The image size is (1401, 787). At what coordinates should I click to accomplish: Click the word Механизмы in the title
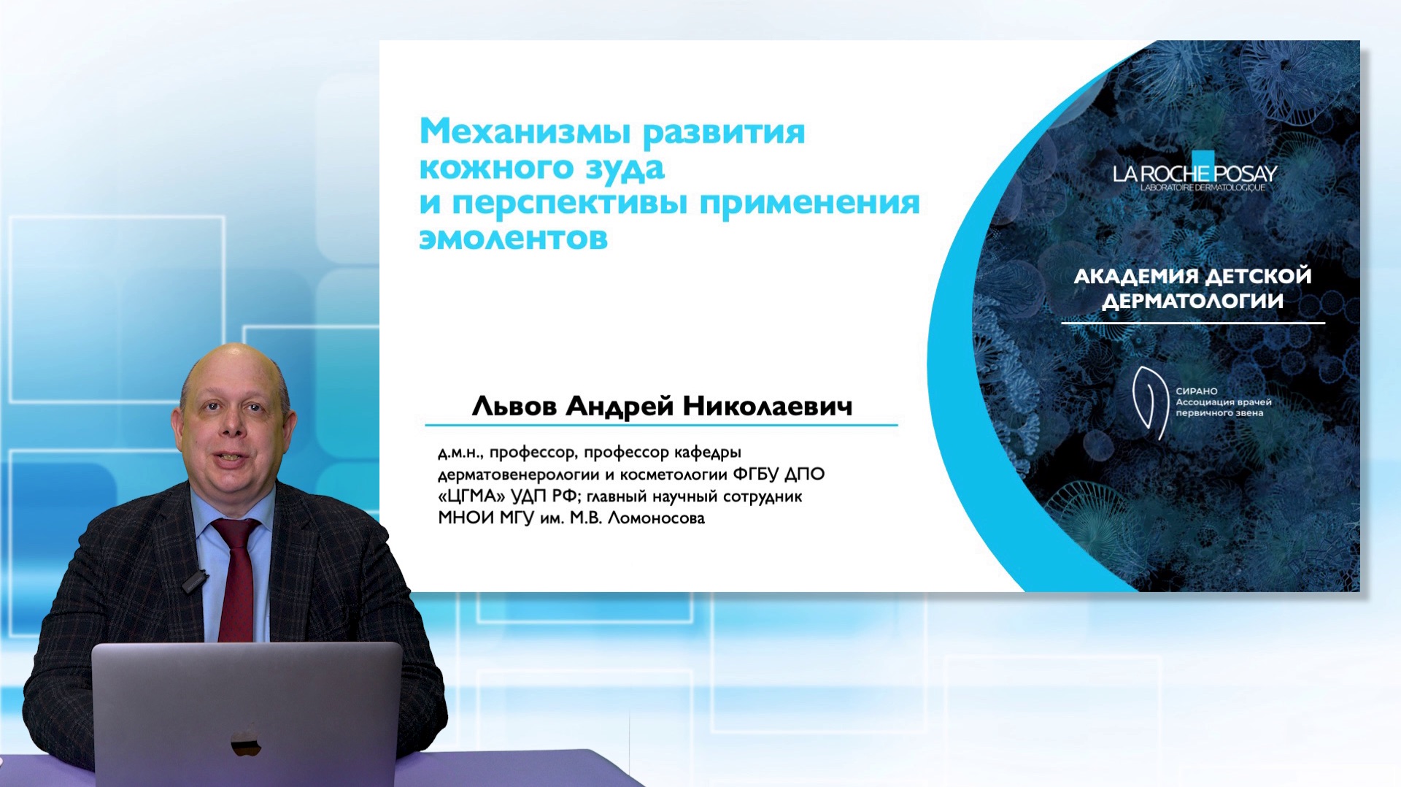[x=524, y=132]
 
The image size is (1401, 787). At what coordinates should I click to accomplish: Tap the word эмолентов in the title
[x=513, y=239]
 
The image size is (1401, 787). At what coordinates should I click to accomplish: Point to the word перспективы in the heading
[x=569, y=203]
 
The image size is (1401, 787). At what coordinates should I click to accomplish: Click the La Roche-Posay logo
[x=1194, y=173]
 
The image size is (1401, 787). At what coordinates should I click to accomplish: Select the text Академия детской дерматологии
[x=1192, y=288]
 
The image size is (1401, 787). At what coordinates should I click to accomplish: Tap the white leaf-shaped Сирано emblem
[x=1148, y=402]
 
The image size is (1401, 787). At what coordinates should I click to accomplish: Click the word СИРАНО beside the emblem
[x=1196, y=391]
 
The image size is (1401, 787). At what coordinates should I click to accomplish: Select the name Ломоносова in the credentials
[x=656, y=518]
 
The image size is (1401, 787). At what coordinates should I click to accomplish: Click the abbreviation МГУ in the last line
[x=517, y=518]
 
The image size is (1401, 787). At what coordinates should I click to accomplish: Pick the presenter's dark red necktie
[x=235, y=577]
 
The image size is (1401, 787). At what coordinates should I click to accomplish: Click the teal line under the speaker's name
[x=660, y=424]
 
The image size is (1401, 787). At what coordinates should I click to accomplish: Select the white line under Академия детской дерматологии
[x=1192, y=323]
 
